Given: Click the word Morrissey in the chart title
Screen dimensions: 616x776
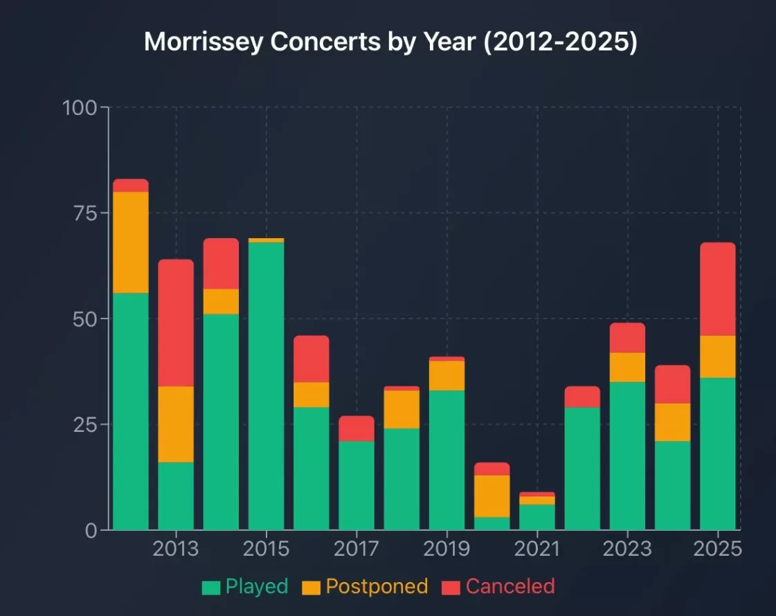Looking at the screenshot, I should tap(204, 42).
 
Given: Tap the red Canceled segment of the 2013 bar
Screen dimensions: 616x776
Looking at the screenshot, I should tap(176, 323).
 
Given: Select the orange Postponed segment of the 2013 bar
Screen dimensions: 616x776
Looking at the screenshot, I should tap(176, 424).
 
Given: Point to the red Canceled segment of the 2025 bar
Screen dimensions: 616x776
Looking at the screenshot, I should tap(718, 289).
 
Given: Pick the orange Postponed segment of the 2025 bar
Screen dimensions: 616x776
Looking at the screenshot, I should tap(718, 356).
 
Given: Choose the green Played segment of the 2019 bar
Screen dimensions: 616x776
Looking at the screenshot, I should tap(446, 460).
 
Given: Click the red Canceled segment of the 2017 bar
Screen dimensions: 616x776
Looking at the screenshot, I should tap(357, 428).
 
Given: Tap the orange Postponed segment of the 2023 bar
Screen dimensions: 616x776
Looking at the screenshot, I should tap(627, 367).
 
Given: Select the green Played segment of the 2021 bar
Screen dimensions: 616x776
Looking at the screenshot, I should tap(537, 517).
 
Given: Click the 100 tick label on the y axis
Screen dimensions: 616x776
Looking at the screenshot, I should tap(81, 108).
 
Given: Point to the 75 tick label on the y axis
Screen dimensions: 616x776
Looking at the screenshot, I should tap(87, 213).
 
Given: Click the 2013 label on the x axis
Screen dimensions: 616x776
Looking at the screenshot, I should tap(176, 550).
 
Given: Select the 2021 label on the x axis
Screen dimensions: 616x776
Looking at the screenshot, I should tap(537, 550).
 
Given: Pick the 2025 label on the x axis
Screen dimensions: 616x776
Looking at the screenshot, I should tap(718, 550).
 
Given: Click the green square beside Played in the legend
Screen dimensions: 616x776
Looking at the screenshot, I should tap(210, 588).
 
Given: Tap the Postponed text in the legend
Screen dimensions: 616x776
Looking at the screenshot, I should tap(377, 587).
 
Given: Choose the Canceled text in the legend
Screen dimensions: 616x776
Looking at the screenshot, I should tap(510, 587).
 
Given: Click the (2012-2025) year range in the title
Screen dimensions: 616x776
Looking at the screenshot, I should tap(560, 42).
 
